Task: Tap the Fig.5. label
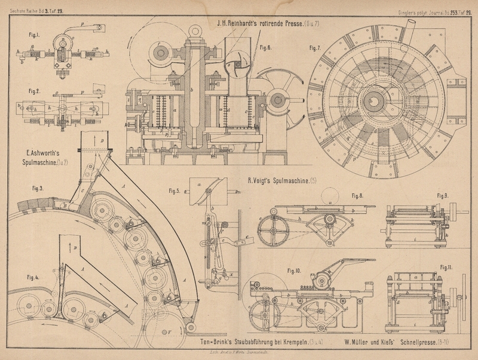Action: pos(174,191)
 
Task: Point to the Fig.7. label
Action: pos(315,47)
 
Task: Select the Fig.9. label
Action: pos(442,195)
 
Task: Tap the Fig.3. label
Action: pos(39,189)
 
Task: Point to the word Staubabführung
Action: pos(256,343)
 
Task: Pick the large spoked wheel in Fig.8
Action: pos(275,227)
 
